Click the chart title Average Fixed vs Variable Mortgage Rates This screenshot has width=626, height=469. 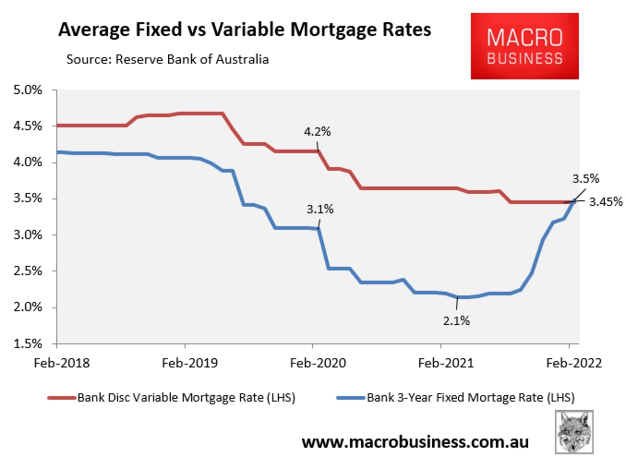[x=245, y=30]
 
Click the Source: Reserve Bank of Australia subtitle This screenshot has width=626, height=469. [x=168, y=59]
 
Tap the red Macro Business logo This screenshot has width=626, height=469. [x=524, y=46]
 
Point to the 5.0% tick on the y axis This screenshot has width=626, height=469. [x=28, y=90]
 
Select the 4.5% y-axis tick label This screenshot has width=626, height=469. [x=28, y=126]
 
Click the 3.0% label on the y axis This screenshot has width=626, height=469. [x=28, y=235]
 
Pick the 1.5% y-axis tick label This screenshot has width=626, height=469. [x=28, y=344]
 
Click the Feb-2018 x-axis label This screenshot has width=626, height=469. [x=62, y=363]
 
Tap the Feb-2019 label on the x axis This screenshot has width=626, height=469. [x=190, y=363]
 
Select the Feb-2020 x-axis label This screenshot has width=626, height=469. [x=318, y=363]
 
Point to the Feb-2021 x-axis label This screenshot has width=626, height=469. [x=446, y=363]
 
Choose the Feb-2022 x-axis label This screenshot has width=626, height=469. [x=574, y=363]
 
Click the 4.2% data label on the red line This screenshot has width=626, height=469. [x=317, y=132]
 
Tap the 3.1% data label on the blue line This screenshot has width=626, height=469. [x=320, y=209]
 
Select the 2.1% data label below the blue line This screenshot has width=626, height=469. [x=456, y=321]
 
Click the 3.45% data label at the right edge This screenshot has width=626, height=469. [x=606, y=202]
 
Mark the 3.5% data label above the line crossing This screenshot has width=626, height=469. [x=586, y=179]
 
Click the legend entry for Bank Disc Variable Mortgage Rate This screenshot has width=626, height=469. [x=171, y=398]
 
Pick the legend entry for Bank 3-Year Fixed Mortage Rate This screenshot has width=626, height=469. [x=455, y=398]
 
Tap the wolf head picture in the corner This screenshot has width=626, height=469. [x=574, y=432]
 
